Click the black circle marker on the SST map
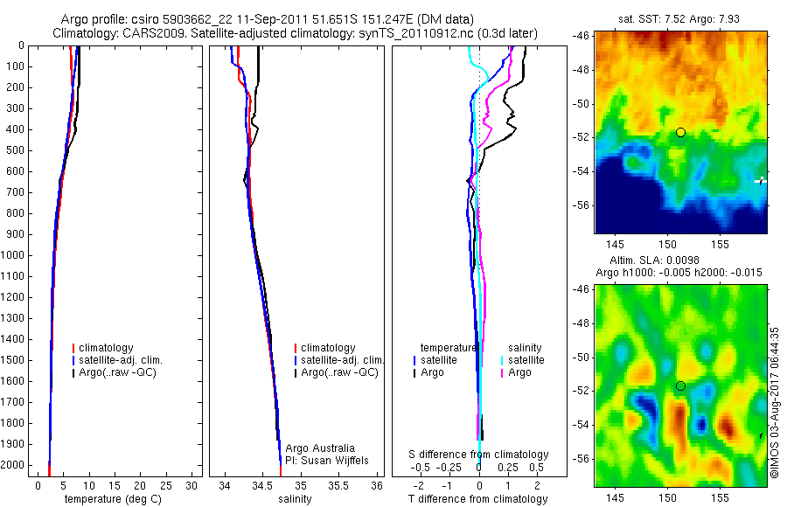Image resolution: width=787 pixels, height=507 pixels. point(680,132)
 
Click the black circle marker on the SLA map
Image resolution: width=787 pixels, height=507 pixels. point(680,385)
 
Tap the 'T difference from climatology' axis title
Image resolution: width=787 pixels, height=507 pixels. point(478,499)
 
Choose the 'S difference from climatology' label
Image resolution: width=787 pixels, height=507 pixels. point(479,455)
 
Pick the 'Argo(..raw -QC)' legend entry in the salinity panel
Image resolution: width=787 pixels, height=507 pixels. point(339,372)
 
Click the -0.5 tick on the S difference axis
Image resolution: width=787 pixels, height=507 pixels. point(425,468)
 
